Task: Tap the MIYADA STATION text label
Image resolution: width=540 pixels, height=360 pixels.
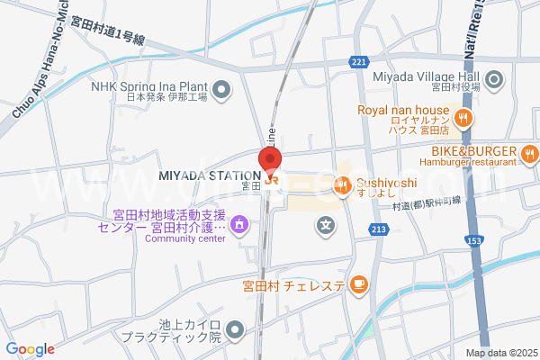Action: click(211, 175)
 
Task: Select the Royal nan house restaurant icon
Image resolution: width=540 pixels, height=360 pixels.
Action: click(463, 117)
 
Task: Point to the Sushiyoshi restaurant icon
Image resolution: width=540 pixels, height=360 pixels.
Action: click(342, 186)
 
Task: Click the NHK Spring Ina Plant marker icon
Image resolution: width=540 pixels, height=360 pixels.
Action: click(223, 88)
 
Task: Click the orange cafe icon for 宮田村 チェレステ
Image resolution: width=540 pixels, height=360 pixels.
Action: click(358, 285)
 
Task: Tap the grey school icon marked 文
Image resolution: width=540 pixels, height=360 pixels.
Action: click(326, 224)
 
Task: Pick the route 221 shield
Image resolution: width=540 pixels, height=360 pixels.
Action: click(359, 61)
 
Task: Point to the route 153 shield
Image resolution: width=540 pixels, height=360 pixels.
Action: click(474, 241)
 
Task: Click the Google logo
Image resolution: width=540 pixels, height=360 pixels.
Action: click(30, 349)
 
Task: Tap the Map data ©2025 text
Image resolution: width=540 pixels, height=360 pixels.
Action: click(500, 353)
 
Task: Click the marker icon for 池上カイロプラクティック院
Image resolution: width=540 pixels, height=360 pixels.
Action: click(235, 330)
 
